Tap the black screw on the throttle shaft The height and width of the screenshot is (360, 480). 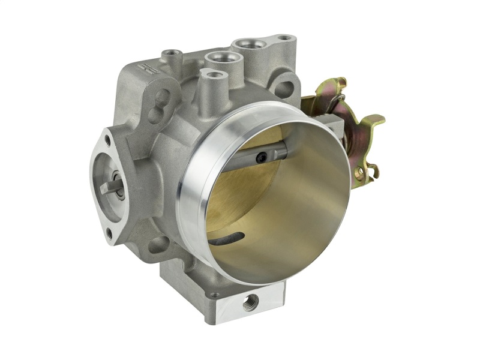pos(262,158)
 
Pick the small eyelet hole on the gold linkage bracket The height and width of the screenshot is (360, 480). pos(361,175)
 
